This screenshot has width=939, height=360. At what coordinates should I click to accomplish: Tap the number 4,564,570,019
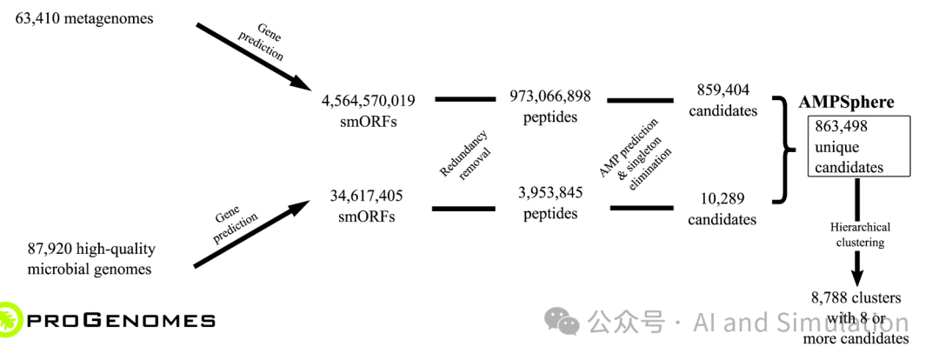[368, 101]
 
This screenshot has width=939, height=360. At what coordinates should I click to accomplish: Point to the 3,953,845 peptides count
[550, 192]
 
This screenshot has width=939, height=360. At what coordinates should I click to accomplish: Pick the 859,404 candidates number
[723, 90]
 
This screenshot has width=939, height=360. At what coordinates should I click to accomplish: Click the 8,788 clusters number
[834, 298]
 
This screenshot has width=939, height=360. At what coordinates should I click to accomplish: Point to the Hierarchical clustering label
[856, 235]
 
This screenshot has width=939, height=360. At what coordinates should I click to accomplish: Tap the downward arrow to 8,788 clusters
[856, 261]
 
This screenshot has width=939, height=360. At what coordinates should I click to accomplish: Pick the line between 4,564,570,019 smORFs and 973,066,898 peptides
[464, 99]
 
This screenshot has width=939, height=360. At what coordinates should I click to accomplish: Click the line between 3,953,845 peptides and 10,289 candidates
[641, 208]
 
